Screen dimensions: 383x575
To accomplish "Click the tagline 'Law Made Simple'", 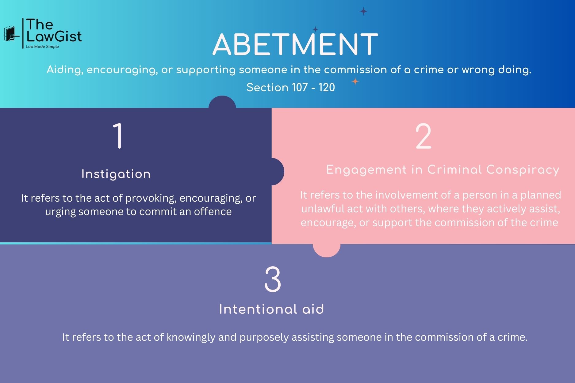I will pyautogui.click(x=42, y=47).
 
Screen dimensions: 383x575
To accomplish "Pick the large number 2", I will pyautogui.click(x=423, y=137).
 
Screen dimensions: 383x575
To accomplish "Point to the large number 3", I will pyautogui.click(x=273, y=279).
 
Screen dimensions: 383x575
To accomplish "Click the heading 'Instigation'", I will pyautogui.click(x=116, y=174).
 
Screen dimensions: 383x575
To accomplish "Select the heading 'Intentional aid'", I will pyautogui.click(x=272, y=309).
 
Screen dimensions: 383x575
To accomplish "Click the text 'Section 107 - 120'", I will pyautogui.click(x=290, y=88).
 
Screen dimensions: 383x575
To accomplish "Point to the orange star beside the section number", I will pyautogui.click(x=355, y=82).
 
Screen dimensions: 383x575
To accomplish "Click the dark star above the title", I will pyautogui.click(x=363, y=12).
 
